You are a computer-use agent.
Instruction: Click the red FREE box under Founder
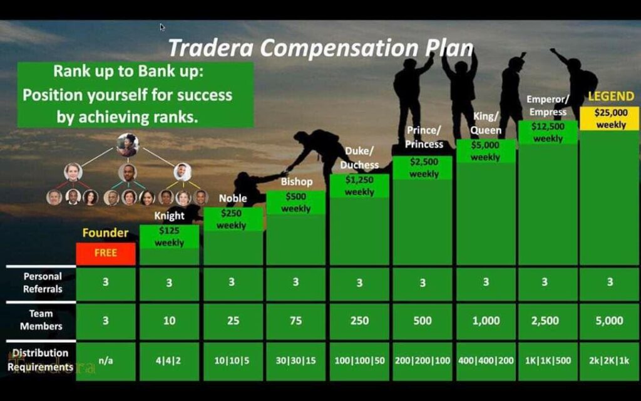[x=105, y=253]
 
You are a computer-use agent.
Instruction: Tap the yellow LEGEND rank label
[x=611, y=96]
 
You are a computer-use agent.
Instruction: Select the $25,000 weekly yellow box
[x=609, y=118]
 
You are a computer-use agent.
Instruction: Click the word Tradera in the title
[x=211, y=48]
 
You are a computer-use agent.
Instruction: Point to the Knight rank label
[x=169, y=216]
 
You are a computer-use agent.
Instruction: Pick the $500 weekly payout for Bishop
[x=295, y=202]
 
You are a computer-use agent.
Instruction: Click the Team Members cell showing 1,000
[x=486, y=321]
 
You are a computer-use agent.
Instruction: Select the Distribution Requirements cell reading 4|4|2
[x=169, y=361]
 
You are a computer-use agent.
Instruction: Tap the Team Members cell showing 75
[x=295, y=321]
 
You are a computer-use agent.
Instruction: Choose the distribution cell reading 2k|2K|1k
[x=609, y=361]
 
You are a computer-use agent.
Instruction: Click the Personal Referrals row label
[x=43, y=283]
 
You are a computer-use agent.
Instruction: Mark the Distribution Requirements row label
[x=40, y=360]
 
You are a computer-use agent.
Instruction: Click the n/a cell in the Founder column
[x=105, y=361]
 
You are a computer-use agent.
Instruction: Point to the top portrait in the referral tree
[x=128, y=145]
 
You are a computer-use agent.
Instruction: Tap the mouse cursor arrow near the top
[x=162, y=28]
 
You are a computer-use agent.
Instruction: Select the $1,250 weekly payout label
[x=359, y=185]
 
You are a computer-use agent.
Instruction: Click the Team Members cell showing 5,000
[x=609, y=321]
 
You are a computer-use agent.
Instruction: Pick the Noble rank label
[x=233, y=199]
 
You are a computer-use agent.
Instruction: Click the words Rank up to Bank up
[x=128, y=71]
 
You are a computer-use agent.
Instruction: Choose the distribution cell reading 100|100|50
[x=359, y=361]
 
